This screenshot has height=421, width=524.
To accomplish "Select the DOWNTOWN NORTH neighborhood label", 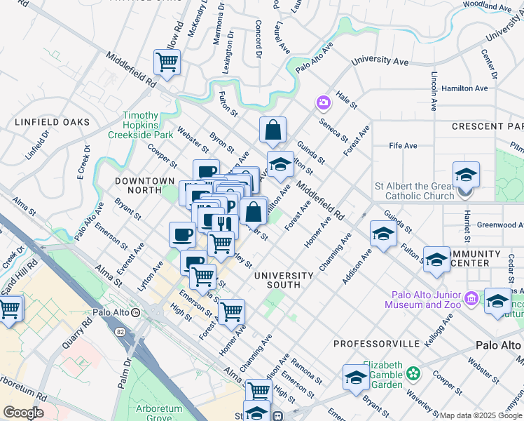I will [144, 181].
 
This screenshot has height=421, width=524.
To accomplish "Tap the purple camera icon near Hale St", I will [323, 103].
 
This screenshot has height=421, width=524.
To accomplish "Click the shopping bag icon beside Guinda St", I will [273, 130].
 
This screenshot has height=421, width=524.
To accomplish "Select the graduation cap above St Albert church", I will [466, 174].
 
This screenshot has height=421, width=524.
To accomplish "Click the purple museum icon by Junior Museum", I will [471, 299].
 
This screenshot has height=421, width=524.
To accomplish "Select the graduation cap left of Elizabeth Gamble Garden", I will [356, 377].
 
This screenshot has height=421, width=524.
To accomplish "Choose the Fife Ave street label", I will [403, 146].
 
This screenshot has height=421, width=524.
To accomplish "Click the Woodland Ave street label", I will [488, 6].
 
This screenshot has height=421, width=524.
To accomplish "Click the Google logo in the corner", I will [22, 413].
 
